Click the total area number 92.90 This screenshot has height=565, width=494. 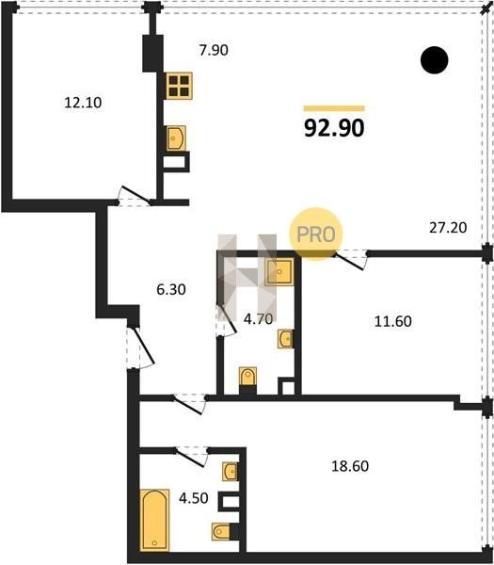pyautogui.click(x=334, y=128)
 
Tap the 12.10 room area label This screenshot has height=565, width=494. pyautogui.click(x=83, y=103)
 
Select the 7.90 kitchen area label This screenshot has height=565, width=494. pyautogui.click(x=214, y=51)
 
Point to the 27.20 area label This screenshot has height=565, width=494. pyautogui.click(x=448, y=228)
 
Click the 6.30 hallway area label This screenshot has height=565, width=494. pyautogui.click(x=171, y=289)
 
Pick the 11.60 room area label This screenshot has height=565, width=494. pyautogui.click(x=392, y=321)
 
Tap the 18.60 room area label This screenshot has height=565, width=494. pyautogui.click(x=350, y=466)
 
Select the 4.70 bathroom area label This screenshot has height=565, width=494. pyautogui.click(x=258, y=318)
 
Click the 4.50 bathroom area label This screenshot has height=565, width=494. pyautogui.click(x=194, y=498)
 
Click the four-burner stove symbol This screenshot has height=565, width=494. pyautogui.click(x=179, y=86)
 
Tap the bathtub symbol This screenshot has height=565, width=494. pyautogui.click(x=154, y=520)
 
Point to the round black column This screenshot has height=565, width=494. pyautogui.click(x=434, y=60)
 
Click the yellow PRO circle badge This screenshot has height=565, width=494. pyautogui.click(x=316, y=234)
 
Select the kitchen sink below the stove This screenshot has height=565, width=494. pyautogui.click(x=176, y=138)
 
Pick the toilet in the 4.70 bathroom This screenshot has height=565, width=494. pyautogui.click(x=247, y=377)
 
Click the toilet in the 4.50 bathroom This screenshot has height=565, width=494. pyautogui.click(x=221, y=531)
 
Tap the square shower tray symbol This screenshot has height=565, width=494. pyautogui.click(x=279, y=272)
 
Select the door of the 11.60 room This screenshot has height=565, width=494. pyautogui.click(x=351, y=260)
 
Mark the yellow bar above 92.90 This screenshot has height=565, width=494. pyautogui.click(x=334, y=108)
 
